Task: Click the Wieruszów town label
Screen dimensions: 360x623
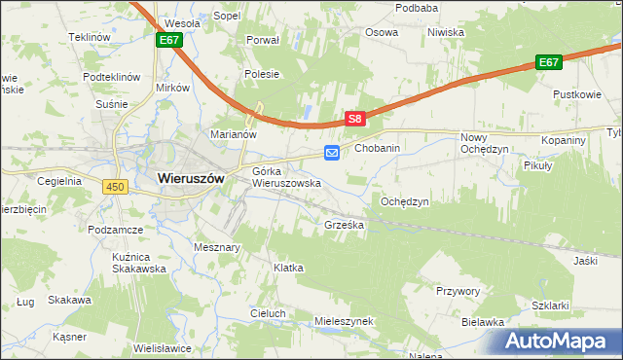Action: pos(191,178)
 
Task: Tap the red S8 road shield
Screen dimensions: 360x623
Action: pos(355,119)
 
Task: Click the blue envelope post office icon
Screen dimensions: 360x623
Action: pos(332,152)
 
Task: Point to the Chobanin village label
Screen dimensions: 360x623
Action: pos(378,148)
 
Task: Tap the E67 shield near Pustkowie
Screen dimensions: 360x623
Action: pos(549,62)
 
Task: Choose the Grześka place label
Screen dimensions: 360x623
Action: pos(344,225)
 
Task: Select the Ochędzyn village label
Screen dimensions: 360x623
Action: pos(404,201)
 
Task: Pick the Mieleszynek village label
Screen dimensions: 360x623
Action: pos(345,320)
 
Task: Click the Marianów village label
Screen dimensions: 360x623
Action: pos(233,134)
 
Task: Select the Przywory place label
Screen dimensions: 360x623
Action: pos(458,290)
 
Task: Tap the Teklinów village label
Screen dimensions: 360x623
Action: pos(87,37)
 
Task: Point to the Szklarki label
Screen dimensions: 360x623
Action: pos(551,305)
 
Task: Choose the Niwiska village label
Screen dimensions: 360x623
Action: pos(446,32)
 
